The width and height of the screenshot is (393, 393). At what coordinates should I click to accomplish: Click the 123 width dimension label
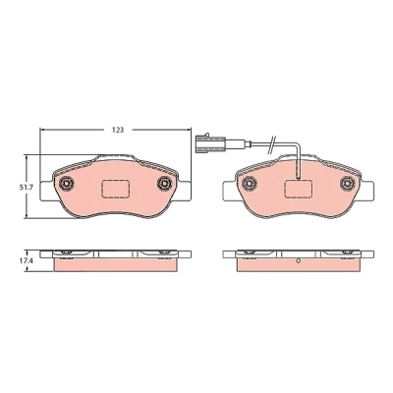point(118,130)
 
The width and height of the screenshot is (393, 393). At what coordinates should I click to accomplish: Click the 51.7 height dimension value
point(23,187)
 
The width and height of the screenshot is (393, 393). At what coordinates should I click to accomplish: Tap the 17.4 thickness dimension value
point(23,262)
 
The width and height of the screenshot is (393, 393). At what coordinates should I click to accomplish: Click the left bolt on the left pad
point(67,183)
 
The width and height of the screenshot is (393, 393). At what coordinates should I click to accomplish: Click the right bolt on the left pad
point(164,183)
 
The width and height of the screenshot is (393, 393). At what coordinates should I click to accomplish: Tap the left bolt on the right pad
point(250,183)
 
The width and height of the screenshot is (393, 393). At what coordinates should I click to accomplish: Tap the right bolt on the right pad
point(347,183)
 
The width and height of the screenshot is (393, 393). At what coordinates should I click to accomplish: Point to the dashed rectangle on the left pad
point(116,190)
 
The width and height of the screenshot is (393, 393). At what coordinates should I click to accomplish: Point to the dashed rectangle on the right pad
point(298,190)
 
